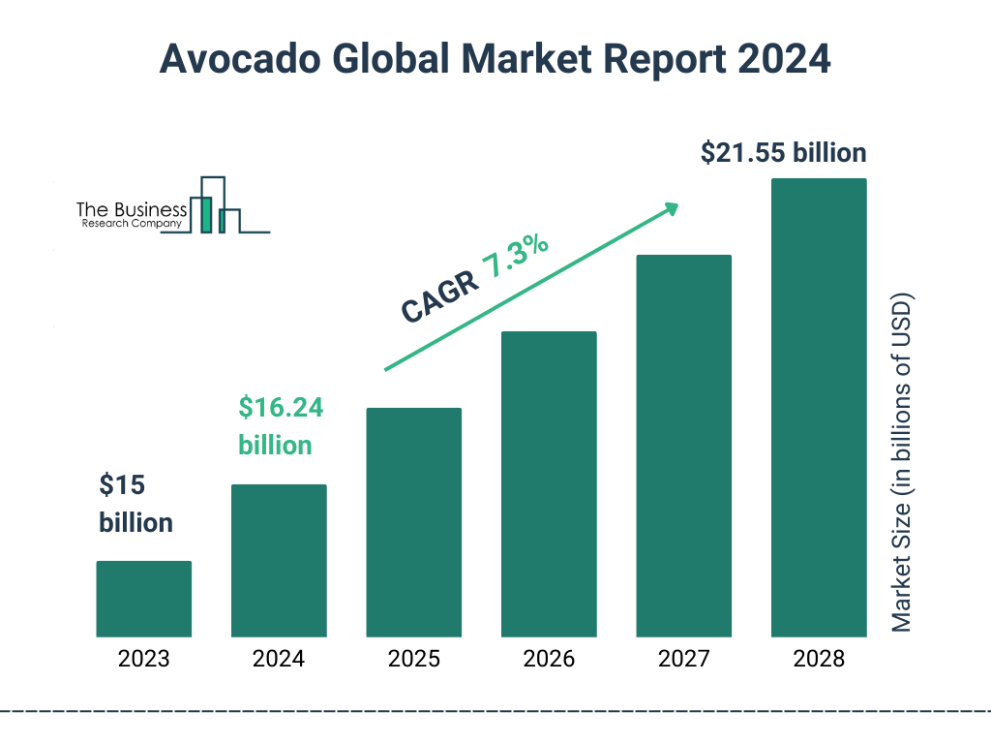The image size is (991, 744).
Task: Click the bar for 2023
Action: coord(143,599)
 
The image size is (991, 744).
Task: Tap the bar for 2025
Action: coord(413,522)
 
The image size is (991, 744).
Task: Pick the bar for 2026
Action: coord(549,484)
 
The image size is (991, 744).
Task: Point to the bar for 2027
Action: coord(683,446)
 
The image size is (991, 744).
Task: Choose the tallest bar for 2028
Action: coord(819,408)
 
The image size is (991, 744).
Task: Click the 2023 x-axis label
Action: coord(143,660)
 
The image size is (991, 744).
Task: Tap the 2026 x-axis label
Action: coord(549,660)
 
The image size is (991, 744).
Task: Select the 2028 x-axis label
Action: coord(819,660)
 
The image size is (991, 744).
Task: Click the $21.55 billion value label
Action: coord(783,153)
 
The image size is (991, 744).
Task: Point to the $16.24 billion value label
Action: coord(281,426)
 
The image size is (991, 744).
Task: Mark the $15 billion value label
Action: coord(135,504)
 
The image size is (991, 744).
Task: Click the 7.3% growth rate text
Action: coord(516,257)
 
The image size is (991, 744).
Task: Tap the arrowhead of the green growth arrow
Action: coord(671,208)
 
